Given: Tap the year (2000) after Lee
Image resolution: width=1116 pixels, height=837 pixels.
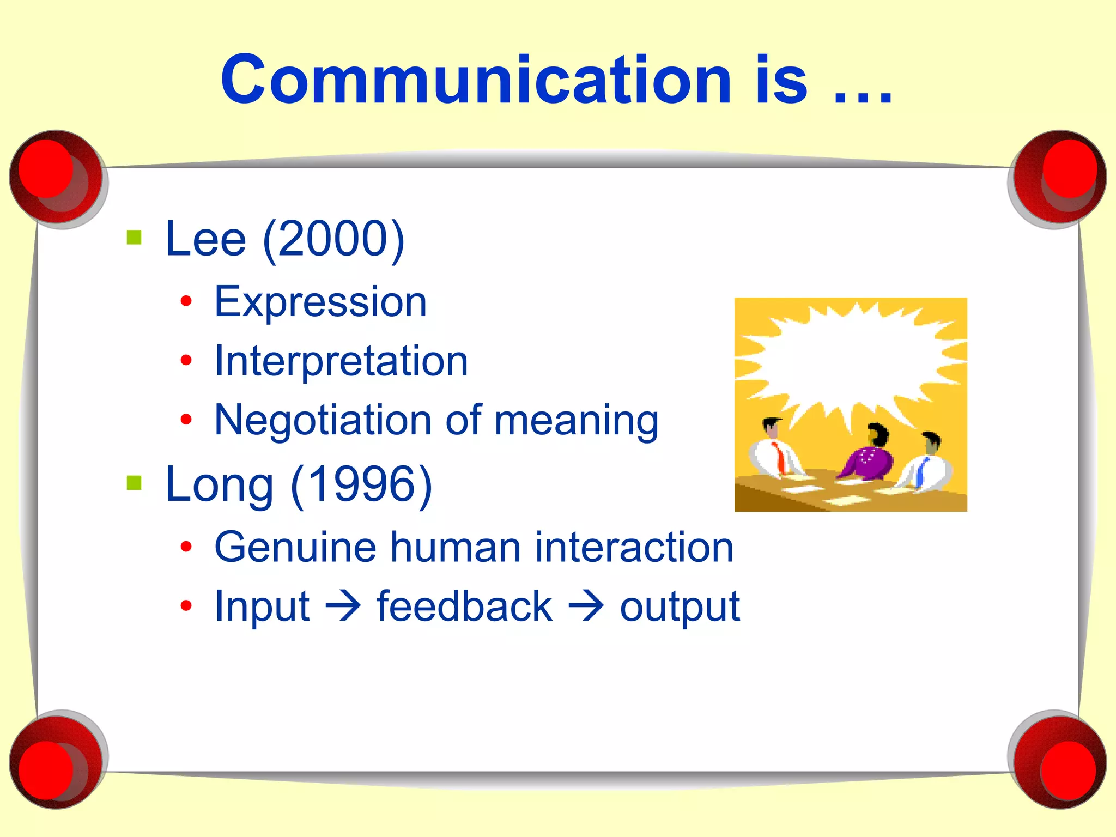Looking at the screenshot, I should (333, 240).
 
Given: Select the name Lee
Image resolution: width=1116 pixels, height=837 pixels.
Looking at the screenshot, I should (206, 240).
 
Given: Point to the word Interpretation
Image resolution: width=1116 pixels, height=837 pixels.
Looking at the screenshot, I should (341, 361).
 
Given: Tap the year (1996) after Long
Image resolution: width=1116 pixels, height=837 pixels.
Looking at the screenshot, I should (361, 485).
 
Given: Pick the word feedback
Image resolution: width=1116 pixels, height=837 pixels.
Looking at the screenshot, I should (464, 606).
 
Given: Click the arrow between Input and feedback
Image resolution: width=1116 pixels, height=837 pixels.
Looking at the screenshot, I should (343, 606).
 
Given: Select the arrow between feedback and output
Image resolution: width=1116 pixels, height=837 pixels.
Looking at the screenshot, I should (586, 606).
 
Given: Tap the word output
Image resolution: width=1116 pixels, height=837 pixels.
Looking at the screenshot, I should (680, 607).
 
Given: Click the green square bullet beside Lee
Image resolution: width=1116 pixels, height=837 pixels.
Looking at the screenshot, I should (134, 238).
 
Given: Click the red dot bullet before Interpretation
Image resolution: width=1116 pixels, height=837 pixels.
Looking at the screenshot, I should (186, 360).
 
